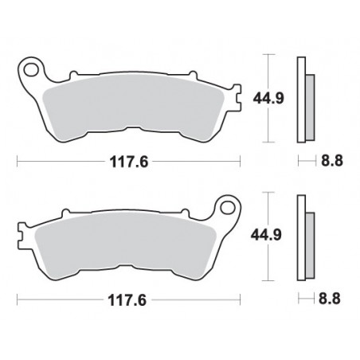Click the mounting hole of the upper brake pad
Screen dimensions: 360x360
tap(31, 70)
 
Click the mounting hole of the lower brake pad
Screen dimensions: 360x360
tap(227, 208)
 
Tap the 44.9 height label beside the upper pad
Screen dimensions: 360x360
tap(268, 98)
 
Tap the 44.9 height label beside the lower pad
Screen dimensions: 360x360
tap(266, 235)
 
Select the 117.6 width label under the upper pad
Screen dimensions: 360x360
tap(129, 162)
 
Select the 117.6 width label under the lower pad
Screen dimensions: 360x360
tap(127, 300)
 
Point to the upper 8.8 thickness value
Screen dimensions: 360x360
tap(332, 160)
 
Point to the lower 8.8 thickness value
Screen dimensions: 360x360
tap(329, 298)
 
